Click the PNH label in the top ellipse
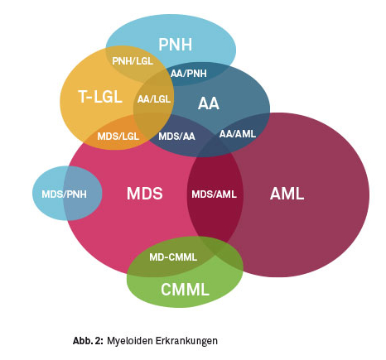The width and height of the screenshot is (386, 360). point(176,45)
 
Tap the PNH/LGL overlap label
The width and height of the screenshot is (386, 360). point(133,61)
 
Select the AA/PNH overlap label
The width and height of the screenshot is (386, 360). point(189,74)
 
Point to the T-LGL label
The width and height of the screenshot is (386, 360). point(100,97)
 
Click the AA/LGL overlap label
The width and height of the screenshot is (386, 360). point(154,99)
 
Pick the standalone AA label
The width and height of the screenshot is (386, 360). point(209,103)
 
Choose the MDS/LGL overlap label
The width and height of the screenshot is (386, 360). point(118,137)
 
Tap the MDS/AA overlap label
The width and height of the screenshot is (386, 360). point(176,137)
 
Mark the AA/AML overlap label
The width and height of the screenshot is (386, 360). point(238,134)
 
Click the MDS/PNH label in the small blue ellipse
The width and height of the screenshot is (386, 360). point(64,194)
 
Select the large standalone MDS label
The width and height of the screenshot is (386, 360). point(145,194)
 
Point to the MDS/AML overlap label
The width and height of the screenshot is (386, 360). point(214,194)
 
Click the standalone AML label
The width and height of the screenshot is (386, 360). point(287,194)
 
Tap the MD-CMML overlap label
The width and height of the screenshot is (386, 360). point(173,257)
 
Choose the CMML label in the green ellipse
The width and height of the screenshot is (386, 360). point(185,290)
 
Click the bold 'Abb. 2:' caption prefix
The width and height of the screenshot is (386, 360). point(88,341)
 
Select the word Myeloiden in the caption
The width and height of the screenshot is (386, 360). point(130,341)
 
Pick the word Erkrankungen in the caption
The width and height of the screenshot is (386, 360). point(186,341)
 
